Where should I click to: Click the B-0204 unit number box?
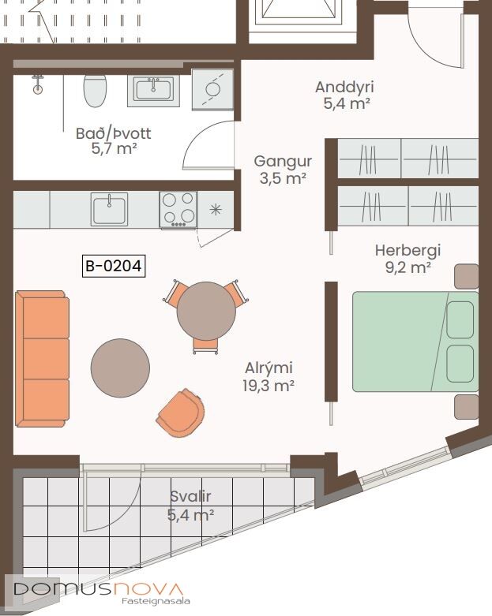click(x=114, y=266)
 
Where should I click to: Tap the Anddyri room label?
click(x=344, y=95)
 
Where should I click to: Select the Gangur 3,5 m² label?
click(x=283, y=170)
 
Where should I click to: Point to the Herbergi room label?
click(x=407, y=259)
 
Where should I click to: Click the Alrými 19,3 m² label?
click(x=269, y=377)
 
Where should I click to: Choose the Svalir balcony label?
click(x=191, y=506)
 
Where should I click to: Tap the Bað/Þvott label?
click(x=113, y=140)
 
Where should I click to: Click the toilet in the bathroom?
click(x=95, y=90)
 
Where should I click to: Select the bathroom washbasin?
click(x=153, y=90)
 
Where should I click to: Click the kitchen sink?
click(x=109, y=209)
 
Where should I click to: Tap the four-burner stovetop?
click(x=178, y=210)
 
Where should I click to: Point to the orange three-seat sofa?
click(x=43, y=359)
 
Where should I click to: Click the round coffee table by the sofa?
click(x=120, y=368)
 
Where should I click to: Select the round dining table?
click(x=206, y=311)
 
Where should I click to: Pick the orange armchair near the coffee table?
click(x=181, y=413)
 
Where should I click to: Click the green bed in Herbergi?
click(x=415, y=342)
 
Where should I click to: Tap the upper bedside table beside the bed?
click(x=467, y=277)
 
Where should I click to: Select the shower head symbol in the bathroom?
click(x=37, y=85)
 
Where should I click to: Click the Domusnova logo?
click(x=99, y=592)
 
